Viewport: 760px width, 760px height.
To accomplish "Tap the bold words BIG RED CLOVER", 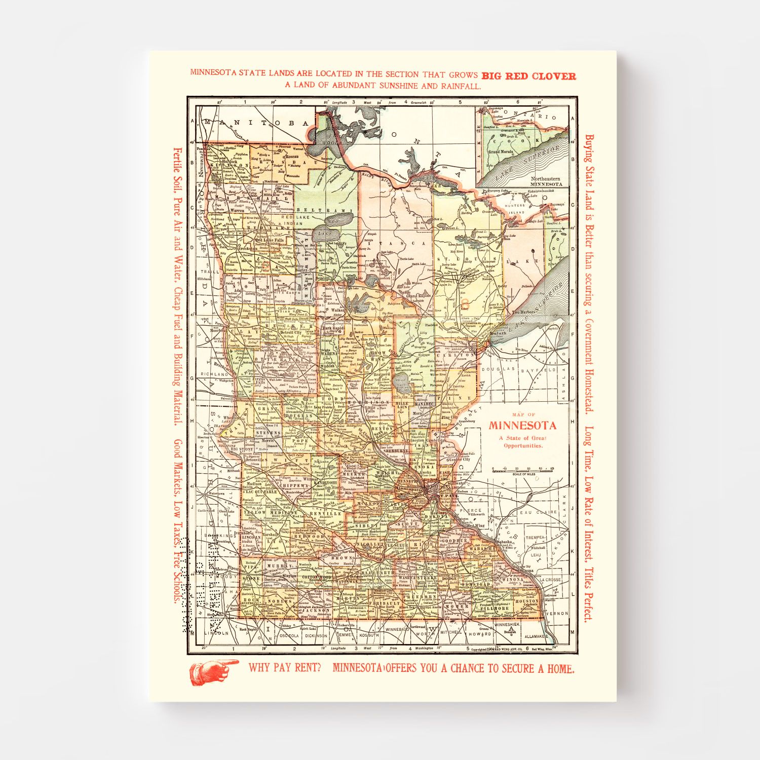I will point(528,77).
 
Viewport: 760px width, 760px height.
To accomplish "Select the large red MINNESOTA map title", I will point(522,426).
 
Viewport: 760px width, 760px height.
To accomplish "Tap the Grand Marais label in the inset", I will point(500,151).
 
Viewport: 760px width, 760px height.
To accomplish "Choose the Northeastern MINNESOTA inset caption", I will point(545,181).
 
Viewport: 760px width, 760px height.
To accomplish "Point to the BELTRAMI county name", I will point(324,210).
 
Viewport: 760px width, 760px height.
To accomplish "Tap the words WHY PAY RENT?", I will point(284,668).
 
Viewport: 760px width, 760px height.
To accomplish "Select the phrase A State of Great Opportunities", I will point(522,442).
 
